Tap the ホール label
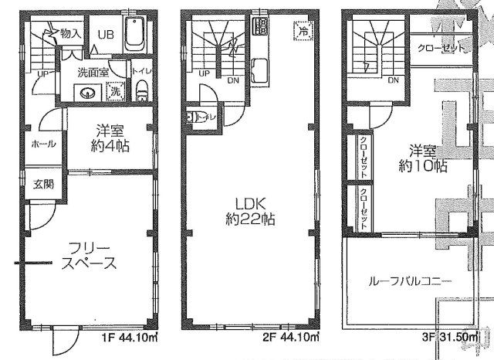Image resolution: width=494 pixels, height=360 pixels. point(41,144)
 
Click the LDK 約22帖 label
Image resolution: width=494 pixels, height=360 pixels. point(249,211)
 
